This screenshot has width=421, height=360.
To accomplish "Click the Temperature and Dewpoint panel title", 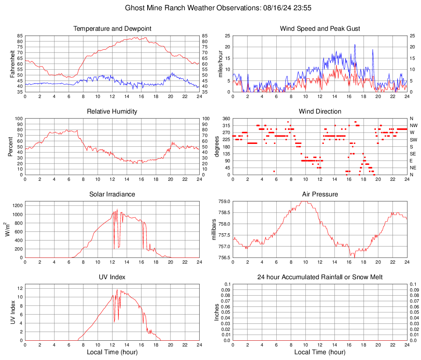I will pyautogui.click(x=112, y=29).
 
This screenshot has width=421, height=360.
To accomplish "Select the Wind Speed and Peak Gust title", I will pyautogui.click(x=320, y=29).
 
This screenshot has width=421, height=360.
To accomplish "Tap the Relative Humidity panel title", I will pyautogui.click(x=112, y=112).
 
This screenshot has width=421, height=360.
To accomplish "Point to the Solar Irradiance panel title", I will pyautogui.click(x=112, y=194).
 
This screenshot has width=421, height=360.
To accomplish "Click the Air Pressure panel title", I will pyautogui.click(x=320, y=194).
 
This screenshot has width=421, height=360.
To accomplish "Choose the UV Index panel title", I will pyautogui.click(x=112, y=277).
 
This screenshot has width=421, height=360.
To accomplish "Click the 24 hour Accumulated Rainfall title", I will pyautogui.click(x=320, y=277).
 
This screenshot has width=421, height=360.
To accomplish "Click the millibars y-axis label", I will pyautogui.click(x=214, y=229).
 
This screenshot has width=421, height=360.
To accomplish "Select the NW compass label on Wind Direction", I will pyautogui.click(x=414, y=125).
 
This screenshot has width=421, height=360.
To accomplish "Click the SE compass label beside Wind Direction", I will pyautogui.click(x=413, y=154).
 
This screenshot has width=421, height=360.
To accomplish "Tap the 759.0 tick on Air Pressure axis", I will pyautogui.click(x=224, y=202).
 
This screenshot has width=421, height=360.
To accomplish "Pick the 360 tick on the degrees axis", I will pyautogui.click(x=225, y=118).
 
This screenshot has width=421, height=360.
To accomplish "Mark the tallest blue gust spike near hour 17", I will pyautogui.click(x=355, y=45).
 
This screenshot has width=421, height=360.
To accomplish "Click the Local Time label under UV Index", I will pyautogui.click(x=112, y=352).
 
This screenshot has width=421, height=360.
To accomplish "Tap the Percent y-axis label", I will pyautogui.click(x=11, y=146).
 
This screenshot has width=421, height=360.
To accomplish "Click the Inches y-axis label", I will pyautogui.click(x=218, y=312).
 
